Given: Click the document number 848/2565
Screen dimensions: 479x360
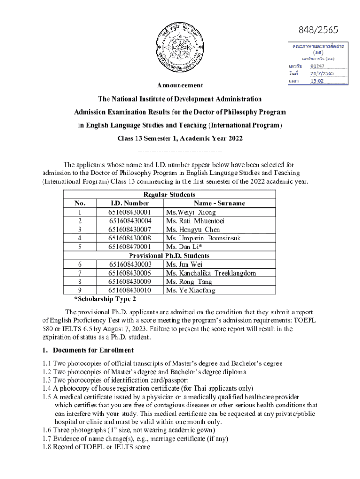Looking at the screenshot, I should point(318,30).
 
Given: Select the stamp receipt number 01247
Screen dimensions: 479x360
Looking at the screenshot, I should point(320,66).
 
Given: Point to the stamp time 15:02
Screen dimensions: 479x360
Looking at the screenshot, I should point(318,81).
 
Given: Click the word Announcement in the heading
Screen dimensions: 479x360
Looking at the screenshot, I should point(180,86).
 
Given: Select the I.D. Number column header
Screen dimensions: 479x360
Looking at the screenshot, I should point(130,203).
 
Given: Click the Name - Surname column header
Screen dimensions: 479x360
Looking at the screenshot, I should point(219,203).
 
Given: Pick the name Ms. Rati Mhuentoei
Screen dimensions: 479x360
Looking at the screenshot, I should point(195,221).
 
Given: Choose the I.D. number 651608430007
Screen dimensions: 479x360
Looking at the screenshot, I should point(130,230).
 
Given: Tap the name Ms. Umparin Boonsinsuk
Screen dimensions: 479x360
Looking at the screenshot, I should point(203,239).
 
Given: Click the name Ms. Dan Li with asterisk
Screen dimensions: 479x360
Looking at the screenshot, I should point(184,247).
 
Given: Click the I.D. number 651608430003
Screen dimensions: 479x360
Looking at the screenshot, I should point(130,265).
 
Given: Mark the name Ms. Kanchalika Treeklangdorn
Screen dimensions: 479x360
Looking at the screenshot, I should point(211,273).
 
